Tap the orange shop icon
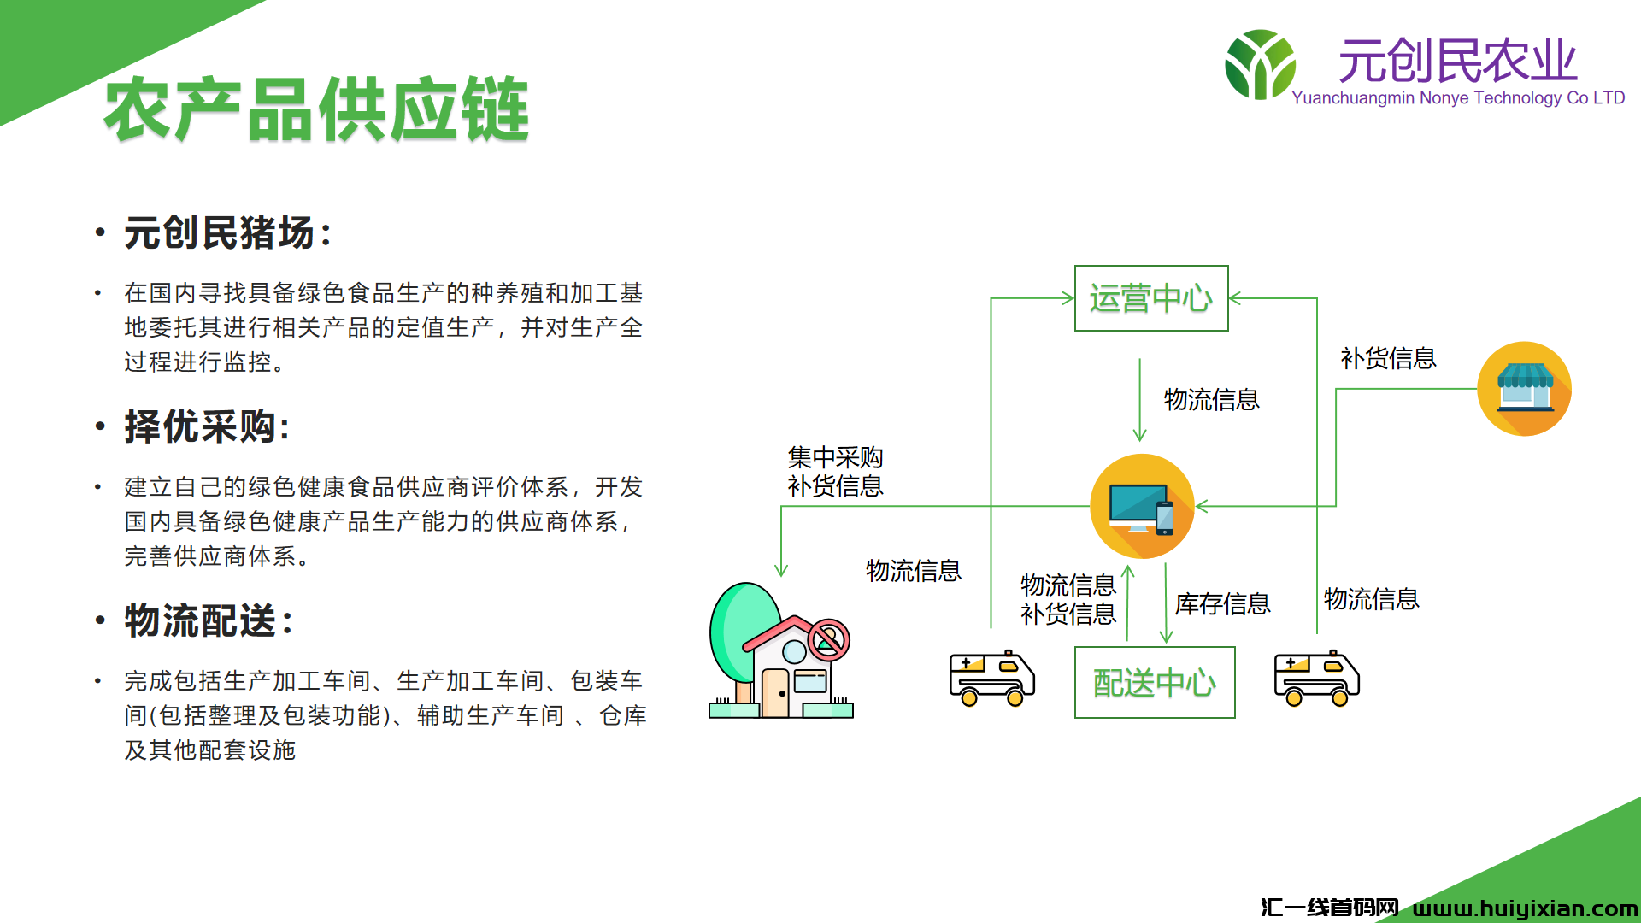pyautogui.click(x=1525, y=389)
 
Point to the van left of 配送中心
pyautogui.click(x=992, y=679)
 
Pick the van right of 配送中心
pyautogui.click(x=1317, y=679)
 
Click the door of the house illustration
pyautogui.click(x=775, y=693)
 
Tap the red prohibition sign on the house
pyautogui.click(x=828, y=640)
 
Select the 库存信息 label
pyautogui.click(x=1222, y=604)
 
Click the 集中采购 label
pyautogui.click(x=835, y=457)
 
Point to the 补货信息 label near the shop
pyautogui.click(x=1388, y=358)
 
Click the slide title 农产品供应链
pyautogui.click(x=316, y=109)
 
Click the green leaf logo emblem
pyautogui.click(x=1260, y=64)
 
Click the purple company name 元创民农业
pyautogui.click(x=1457, y=61)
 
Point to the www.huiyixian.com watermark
pyautogui.click(x=1526, y=908)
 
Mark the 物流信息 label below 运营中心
pyautogui.click(x=1211, y=399)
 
